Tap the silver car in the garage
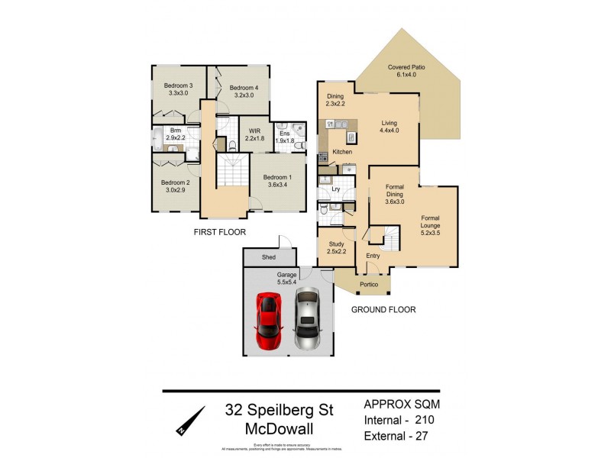(307, 319)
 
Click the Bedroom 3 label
(178, 89)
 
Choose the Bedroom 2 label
(175, 186)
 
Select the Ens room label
(284, 136)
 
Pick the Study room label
(336, 247)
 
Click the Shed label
(268, 258)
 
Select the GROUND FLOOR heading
(383, 310)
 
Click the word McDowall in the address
(279, 429)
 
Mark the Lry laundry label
(335, 189)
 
